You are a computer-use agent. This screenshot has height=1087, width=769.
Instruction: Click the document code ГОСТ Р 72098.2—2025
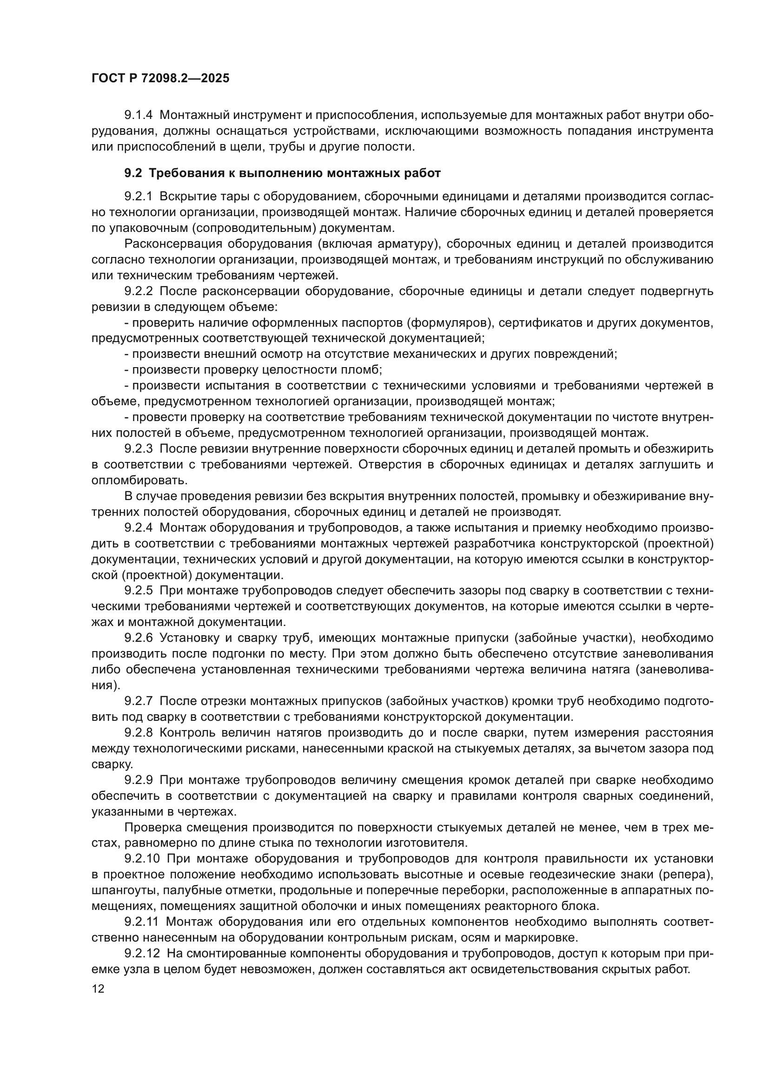tap(160, 79)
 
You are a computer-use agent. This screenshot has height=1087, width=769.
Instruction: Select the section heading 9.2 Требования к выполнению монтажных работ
tap(282, 173)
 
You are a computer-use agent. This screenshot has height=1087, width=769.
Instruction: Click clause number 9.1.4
tap(138, 115)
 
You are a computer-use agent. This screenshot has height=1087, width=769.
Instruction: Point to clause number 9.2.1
tap(138, 197)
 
